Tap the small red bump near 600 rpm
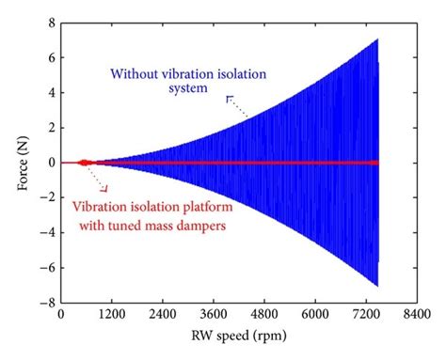(x=85, y=162)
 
